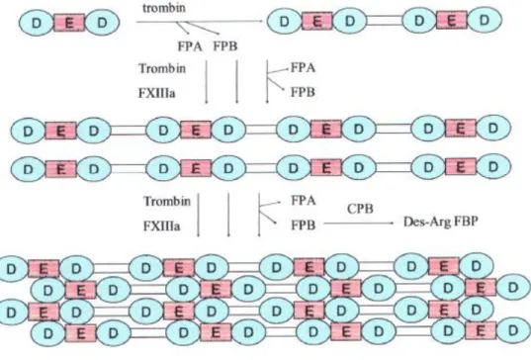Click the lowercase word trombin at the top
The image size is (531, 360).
point(164,8)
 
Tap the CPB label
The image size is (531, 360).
point(360,209)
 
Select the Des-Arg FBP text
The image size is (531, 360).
point(441,222)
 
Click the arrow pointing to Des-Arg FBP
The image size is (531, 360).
point(358,224)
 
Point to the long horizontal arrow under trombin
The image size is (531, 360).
point(200,22)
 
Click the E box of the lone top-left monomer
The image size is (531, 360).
point(69,23)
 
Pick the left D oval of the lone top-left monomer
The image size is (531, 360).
point(37,23)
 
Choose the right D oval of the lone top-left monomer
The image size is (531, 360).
point(102,23)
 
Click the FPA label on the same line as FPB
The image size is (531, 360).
point(190,46)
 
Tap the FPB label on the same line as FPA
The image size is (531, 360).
point(225,46)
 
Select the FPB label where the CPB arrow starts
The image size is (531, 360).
point(304,225)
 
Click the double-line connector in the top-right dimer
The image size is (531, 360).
point(384,21)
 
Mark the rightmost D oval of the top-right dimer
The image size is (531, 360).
point(485,21)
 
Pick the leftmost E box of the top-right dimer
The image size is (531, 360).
point(317,22)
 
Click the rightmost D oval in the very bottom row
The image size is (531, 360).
point(513,330)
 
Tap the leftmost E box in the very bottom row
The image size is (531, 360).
point(80,333)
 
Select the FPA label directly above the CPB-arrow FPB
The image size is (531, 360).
point(304,201)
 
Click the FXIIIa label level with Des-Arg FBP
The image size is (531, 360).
point(161,225)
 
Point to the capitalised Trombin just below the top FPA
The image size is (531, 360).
point(162,68)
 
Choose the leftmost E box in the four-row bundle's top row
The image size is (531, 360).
point(44,269)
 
